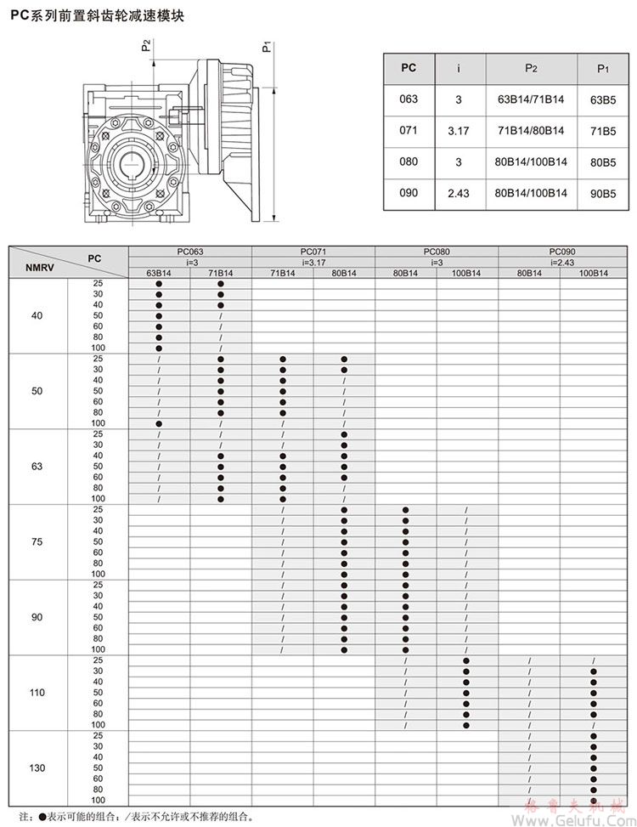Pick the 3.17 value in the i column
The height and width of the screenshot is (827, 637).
coord(458,131)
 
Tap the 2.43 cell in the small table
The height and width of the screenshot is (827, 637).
coord(458,193)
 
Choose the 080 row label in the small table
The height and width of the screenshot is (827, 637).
coord(409,161)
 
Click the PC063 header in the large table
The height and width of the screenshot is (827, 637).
coord(190,252)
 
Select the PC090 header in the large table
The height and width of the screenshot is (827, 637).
coord(561,252)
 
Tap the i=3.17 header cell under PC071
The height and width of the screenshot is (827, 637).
coord(313,262)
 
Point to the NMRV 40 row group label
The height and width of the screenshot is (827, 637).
coord(37,315)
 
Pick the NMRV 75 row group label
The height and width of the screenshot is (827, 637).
coord(37,541)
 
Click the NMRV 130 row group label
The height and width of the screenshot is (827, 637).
coord(37,768)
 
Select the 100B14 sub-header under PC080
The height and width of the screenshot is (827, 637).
coord(466,273)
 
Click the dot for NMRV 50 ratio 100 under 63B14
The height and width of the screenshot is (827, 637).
coord(159,423)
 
